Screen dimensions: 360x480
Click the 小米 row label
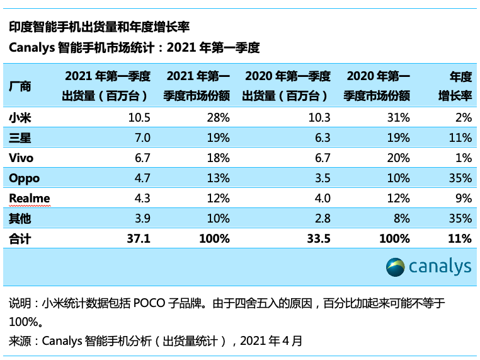20,117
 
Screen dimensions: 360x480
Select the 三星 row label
20,137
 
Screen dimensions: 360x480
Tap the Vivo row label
21,158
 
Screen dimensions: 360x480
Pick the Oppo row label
25,178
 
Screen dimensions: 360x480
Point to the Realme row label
29,198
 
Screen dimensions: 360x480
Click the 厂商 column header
20,86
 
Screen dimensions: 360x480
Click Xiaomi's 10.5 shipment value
139,117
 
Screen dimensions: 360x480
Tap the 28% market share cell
218,117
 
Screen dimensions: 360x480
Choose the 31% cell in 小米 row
398,117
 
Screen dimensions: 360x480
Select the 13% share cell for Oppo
218,178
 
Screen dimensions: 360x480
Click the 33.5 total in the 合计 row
319,239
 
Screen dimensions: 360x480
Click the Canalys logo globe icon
396,267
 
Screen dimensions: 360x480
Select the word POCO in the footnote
149,303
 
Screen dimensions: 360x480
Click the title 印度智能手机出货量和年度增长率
99,27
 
